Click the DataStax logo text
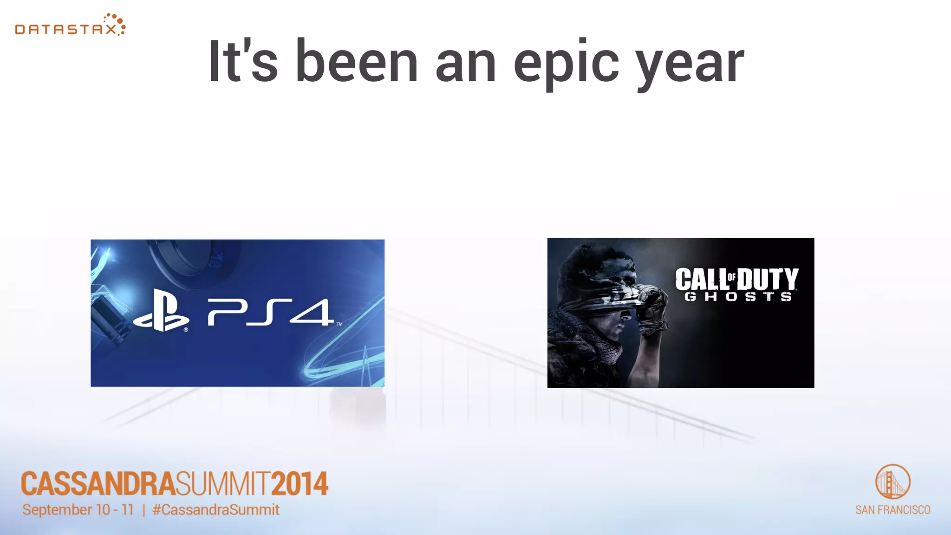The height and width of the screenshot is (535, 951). click(65, 29)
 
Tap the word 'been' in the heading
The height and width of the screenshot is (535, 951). click(357, 61)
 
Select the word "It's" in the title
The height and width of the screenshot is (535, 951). click(242, 61)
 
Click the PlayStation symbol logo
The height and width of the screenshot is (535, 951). click(162, 311)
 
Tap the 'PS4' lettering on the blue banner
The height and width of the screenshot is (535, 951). click(270, 312)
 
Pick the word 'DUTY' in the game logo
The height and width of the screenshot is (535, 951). click(768, 280)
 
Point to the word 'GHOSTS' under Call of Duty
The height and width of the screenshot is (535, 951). click(738, 297)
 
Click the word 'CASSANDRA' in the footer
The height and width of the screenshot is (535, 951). click(98, 484)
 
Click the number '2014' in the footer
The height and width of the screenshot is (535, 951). click(300, 484)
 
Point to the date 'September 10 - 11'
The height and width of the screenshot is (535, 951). click(78, 510)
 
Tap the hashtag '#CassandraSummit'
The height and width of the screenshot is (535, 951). click(216, 510)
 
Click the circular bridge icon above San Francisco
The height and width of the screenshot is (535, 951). click(892, 482)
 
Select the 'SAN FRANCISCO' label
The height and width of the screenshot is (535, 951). click(892, 510)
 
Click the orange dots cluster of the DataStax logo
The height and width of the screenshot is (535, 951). click(116, 23)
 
